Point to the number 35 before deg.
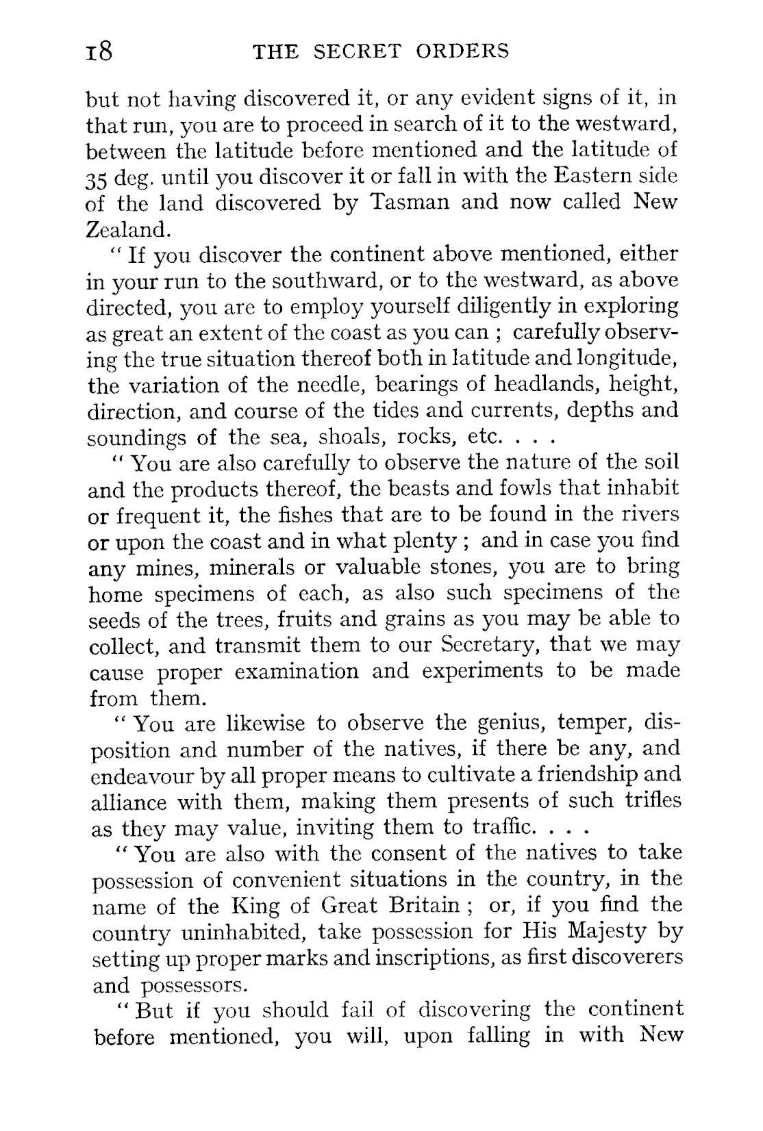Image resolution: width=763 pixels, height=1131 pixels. point(97,177)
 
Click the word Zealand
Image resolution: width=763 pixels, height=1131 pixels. point(127,229)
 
